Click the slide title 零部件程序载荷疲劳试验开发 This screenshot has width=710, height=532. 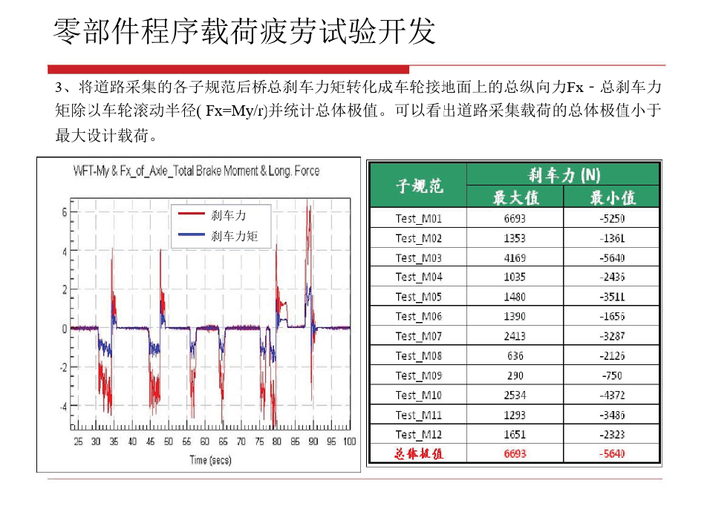244,32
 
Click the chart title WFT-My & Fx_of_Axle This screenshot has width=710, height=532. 196,171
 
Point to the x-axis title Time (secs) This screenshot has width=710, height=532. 210,460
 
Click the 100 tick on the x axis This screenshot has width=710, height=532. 348,441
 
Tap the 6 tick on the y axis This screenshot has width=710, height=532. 65,212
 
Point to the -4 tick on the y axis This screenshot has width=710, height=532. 63,407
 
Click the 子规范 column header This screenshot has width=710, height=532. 418,185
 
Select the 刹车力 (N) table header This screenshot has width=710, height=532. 563,175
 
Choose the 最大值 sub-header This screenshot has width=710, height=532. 515,197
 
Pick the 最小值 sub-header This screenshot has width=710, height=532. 612,197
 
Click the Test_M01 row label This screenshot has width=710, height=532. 418,218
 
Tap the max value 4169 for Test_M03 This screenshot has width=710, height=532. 515,257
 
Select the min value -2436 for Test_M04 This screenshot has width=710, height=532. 612,278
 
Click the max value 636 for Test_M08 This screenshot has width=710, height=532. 515,355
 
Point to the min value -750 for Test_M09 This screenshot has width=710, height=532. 612,375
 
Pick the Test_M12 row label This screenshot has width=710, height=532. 418,434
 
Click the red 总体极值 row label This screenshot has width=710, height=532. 418,454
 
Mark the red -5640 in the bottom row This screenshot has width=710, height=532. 612,454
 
